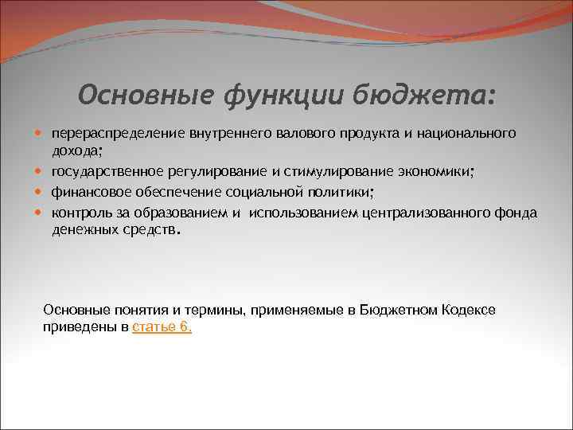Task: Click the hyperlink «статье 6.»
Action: point(162,326)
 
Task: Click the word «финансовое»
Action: point(87,192)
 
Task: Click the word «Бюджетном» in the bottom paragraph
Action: point(397,309)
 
